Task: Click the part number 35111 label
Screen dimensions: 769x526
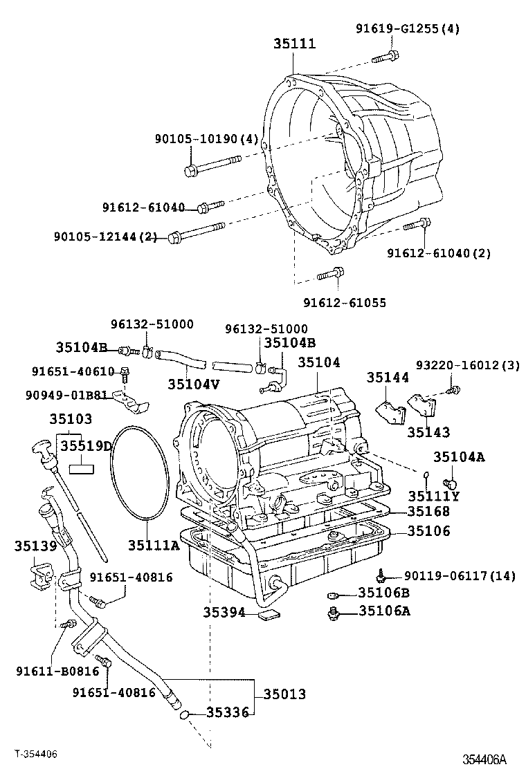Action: (x=293, y=44)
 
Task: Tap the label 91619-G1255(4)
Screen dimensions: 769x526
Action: (x=408, y=28)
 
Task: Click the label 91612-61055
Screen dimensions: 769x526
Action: (x=344, y=302)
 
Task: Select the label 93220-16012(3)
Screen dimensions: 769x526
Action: (x=467, y=365)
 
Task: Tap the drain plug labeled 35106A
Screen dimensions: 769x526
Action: (x=334, y=611)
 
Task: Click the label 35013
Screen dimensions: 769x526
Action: (x=283, y=694)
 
